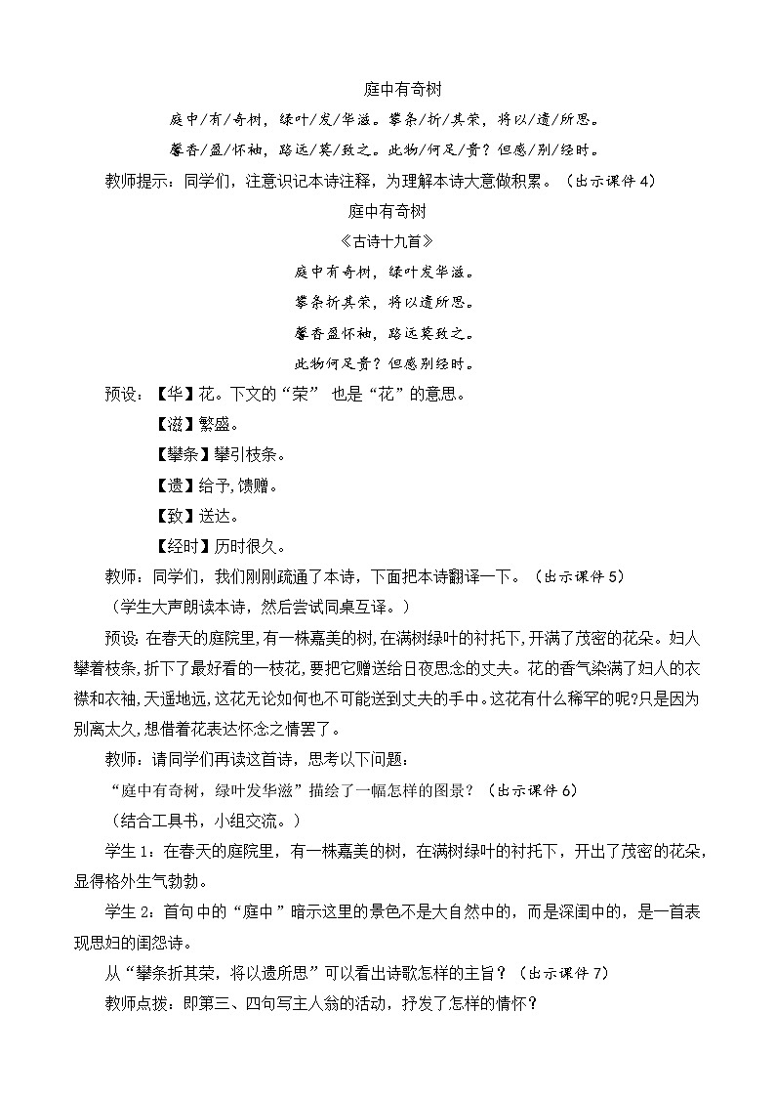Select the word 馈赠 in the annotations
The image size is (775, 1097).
(254, 485)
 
